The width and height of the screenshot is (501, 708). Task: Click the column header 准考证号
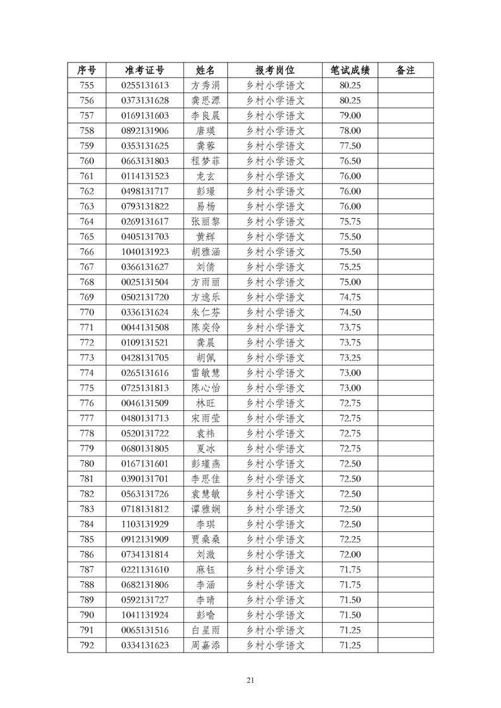[x=145, y=70]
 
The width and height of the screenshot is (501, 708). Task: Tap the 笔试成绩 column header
[x=350, y=70]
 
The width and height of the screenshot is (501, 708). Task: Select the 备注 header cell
[x=405, y=70]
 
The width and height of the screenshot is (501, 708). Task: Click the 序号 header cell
[x=87, y=70]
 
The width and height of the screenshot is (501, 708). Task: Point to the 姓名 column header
[x=205, y=70]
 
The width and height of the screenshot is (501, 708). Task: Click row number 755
[x=87, y=85]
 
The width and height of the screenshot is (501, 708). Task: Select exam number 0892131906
[x=145, y=131]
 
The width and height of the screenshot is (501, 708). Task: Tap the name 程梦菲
[x=205, y=161]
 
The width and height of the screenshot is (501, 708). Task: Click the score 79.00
[x=350, y=115]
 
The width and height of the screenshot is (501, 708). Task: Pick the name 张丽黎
[x=205, y=221]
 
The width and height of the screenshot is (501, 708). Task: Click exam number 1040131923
[x=145, y=252]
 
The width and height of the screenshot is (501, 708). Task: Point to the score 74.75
[x=350, y=297]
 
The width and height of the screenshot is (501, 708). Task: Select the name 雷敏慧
[x=205, y=373]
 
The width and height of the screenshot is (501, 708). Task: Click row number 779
[x=87, y=449]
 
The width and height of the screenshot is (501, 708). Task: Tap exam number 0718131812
[x=145, y=509]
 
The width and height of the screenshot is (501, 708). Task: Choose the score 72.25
[x=350, y=540]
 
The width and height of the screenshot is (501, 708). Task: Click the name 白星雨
[x=205, y=630]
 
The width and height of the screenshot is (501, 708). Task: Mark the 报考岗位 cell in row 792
[x=275, y=646]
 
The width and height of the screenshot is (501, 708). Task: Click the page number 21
[x=251, y=680]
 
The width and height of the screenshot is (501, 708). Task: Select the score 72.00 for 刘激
[x=350, y=555]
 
